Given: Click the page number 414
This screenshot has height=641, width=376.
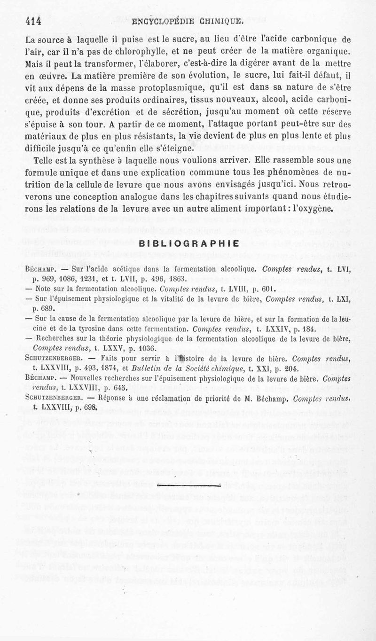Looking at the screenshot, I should coord(34,20).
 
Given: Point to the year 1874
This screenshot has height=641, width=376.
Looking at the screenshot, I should coord(102,369).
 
